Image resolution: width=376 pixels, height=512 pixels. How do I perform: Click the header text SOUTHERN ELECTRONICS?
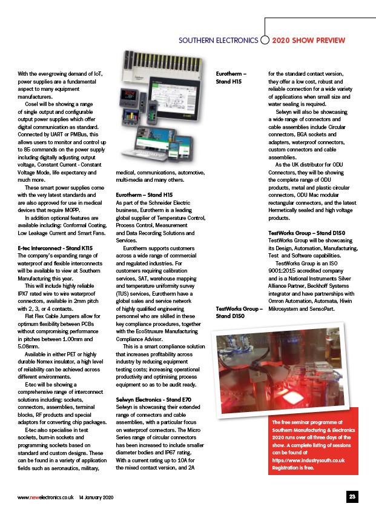[x=218, y=41]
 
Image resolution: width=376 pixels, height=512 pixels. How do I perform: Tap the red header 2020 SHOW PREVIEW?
[x=309, y=41]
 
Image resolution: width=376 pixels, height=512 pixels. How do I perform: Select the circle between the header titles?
[x=265, y=41]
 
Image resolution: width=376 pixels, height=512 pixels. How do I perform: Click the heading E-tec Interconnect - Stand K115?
[x=55, y=248]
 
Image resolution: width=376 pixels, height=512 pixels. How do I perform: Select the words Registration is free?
[x=294, y=468]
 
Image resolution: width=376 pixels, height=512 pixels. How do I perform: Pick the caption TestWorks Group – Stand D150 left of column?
[x=239, y=313]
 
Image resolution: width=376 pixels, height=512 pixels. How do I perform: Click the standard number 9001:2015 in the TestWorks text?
[x=282, y=271]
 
